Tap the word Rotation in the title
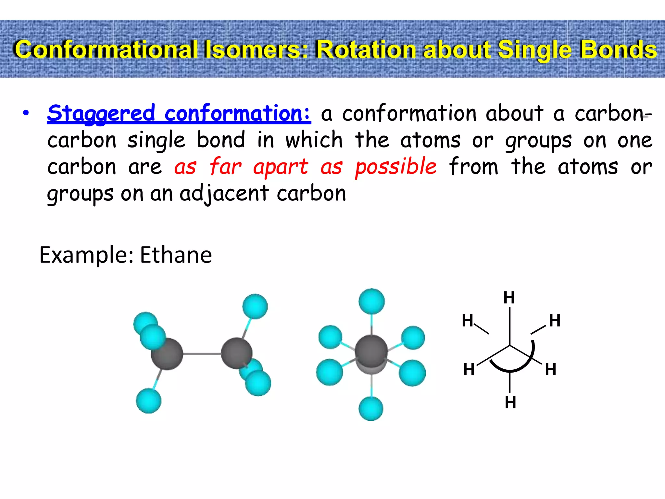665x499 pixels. [367, 50]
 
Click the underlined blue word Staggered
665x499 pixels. [101, 114]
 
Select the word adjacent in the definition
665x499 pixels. [224, 194]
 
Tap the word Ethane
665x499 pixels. [176, 255]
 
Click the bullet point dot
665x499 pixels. [26, 113]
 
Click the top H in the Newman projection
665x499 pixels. [509, 298]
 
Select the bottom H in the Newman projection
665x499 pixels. [510, 403]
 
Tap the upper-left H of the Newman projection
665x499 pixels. [468, 321]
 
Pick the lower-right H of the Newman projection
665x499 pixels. [550, 369]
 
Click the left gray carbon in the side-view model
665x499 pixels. [167, 354]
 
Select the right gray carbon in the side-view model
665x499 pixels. [236, 353]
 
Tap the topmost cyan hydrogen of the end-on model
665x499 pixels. [371, 301]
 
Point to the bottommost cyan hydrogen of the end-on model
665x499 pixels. [371, 408]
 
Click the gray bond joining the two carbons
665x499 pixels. [202, 353]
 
